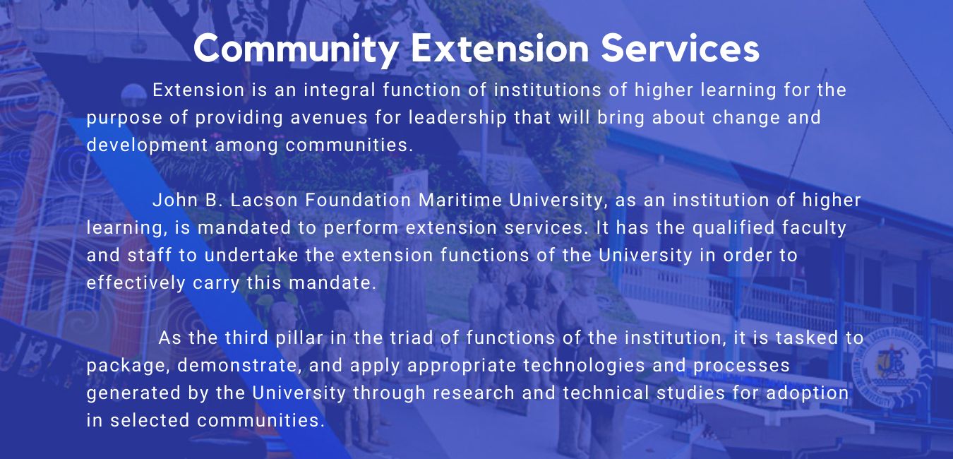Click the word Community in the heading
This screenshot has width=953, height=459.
(296, 49)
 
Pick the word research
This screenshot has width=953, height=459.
(481, 393)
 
